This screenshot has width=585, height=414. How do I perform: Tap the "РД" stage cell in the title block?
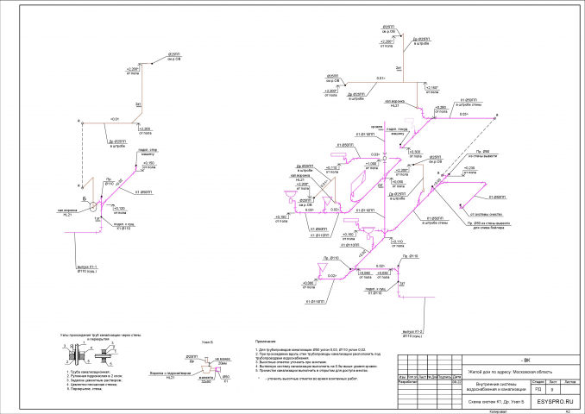pos(539,389)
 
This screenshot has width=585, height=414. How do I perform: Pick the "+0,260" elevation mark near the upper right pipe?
pos(441,107)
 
